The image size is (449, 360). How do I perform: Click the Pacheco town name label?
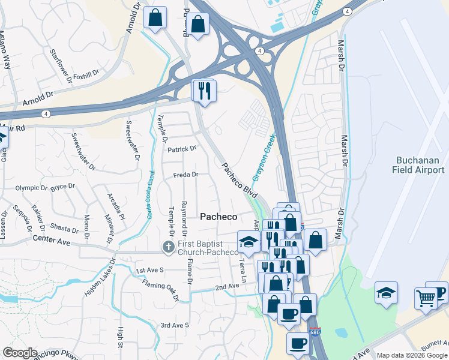coord(218,217)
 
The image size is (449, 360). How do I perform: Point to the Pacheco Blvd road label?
coord(240,179)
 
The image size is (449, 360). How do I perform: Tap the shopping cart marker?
coord(426,297)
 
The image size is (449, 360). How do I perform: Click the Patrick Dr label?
coord(182,149)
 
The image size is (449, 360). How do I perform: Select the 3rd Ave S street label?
coord(174,325)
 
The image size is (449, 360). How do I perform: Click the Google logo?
coord(20,353)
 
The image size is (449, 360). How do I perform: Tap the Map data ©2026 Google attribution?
coord(411,355)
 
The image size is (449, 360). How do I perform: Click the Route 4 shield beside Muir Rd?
coord(46,113)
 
